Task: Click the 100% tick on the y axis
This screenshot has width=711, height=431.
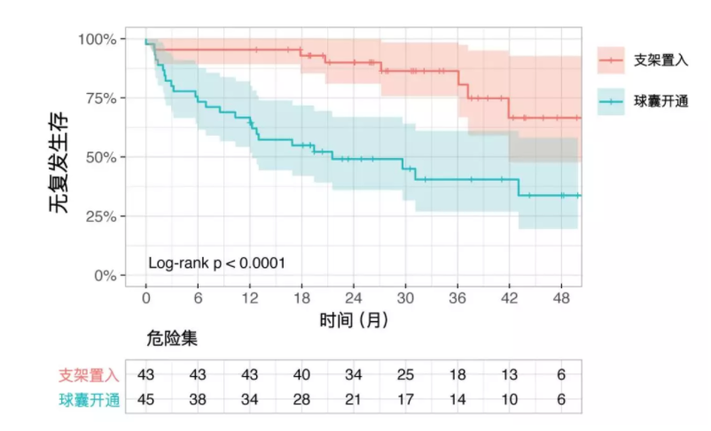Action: tap(97, 39)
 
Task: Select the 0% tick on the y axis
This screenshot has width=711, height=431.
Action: tap(104, 276)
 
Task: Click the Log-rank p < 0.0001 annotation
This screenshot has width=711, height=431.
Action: tap(216, 263)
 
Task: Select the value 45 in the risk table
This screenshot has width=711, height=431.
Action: tap(146, 399)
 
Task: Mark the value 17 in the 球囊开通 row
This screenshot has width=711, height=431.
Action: tap(406, 399)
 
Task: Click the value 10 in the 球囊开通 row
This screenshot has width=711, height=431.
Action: tap(510, 399)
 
